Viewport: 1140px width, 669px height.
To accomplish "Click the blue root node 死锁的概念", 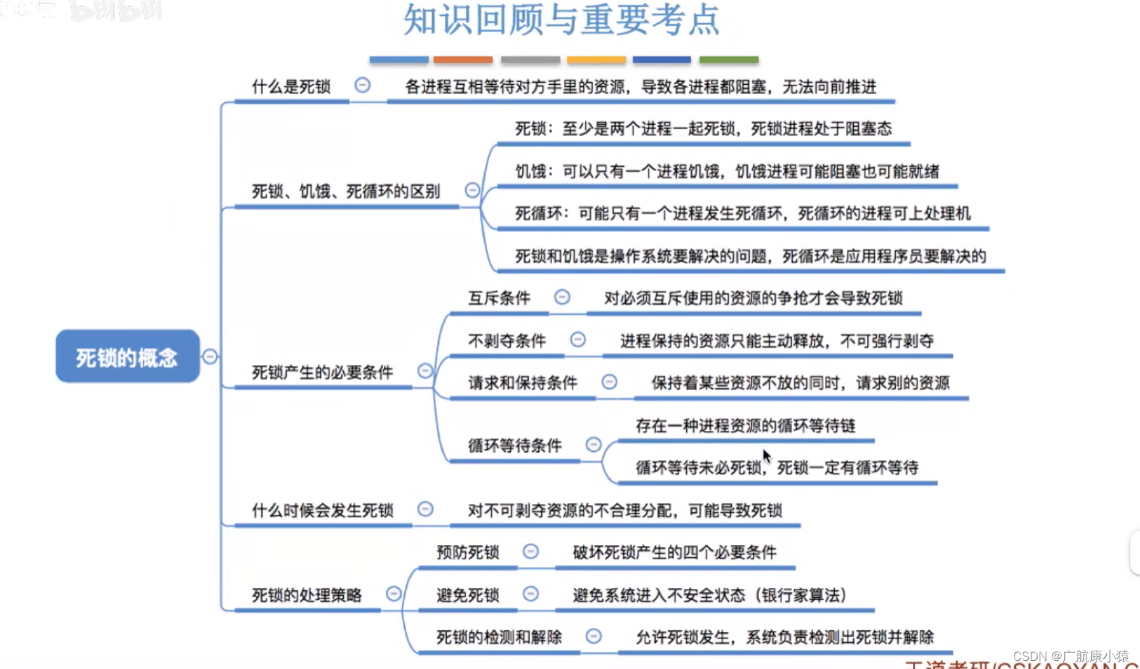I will pos(127,356).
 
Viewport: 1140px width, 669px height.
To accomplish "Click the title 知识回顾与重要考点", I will pos(562,19).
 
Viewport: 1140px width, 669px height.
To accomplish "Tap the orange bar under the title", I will pos(463,60).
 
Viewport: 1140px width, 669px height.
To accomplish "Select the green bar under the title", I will pos(728,60).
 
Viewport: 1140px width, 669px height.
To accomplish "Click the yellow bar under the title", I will pos(596,60).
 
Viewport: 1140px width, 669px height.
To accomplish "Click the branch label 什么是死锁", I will pos(291,87).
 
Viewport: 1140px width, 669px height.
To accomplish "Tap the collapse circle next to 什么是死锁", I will pos(363,85).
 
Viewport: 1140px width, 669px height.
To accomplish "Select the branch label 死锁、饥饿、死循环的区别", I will pos(346,191).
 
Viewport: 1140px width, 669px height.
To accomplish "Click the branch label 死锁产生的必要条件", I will pos(322,372).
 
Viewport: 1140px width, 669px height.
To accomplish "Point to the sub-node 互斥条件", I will pos(499,298).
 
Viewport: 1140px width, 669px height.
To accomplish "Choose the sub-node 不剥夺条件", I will pos(507,341).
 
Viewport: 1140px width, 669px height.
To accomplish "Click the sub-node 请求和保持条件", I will pos(522,383).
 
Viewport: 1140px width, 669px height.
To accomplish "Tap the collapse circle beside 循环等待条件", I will pos(593,444).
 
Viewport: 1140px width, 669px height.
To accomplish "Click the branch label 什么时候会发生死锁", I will pos(322,510).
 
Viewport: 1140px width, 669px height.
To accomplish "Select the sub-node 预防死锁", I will pos(468,552).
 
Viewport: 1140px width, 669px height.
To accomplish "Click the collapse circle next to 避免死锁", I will pos(531,594).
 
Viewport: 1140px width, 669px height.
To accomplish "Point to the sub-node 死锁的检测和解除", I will pos(499,637).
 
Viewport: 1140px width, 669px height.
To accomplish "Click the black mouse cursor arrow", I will pos(766,455).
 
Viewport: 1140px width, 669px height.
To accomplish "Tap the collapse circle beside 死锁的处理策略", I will pos(393,594).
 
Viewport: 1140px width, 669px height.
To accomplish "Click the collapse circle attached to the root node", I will pos(210,356).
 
